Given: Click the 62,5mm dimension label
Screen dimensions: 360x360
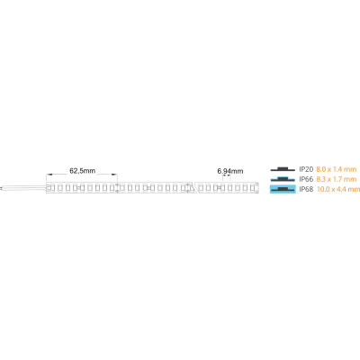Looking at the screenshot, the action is coord(83,171).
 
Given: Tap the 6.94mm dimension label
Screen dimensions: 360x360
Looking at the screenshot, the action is coord(230,171).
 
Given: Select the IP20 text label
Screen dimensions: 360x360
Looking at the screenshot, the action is coord(306,169).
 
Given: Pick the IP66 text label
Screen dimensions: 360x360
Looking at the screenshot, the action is coord(306,179).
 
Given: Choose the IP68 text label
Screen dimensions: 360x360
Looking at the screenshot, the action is coord(306,189).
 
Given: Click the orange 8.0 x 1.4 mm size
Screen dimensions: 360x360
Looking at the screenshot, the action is coord(337,169).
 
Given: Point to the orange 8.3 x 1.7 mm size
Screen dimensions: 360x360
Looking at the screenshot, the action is coord(337,179).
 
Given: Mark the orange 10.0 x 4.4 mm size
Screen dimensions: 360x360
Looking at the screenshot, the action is coord(337,189).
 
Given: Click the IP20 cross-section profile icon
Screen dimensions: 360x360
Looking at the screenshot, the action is coord(283,169).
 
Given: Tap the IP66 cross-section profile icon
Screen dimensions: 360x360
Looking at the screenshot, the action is coord(283,179).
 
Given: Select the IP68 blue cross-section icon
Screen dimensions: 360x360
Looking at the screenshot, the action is coord(283,189).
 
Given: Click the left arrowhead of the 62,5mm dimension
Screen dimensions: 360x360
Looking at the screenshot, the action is coord(49,175).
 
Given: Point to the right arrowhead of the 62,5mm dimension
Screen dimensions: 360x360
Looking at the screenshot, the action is coord(114,175).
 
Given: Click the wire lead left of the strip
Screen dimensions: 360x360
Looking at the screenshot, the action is coord(23,188).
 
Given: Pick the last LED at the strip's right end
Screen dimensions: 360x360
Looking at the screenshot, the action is coord(252,188).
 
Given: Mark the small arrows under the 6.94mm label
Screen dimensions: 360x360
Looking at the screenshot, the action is coord(227,175).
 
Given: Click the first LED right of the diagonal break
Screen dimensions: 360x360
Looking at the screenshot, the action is coord(201,188).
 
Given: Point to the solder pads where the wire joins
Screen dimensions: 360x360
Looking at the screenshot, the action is coord(49,188).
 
